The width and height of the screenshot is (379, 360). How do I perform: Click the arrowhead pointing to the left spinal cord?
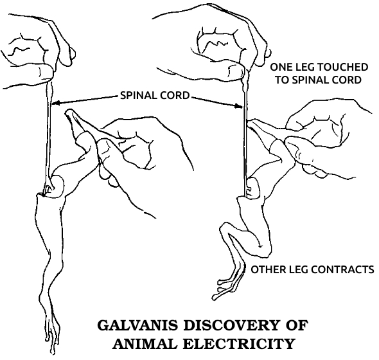pos(55,104)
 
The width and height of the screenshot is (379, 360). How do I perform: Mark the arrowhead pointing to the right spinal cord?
pos(238,106)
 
